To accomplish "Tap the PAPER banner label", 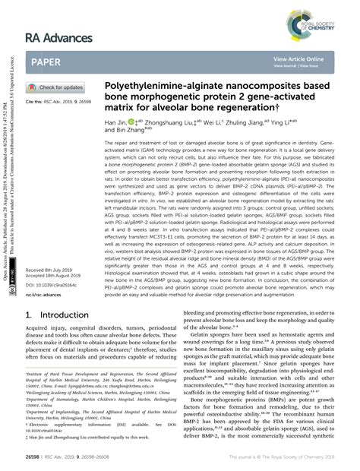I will point(48,62).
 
